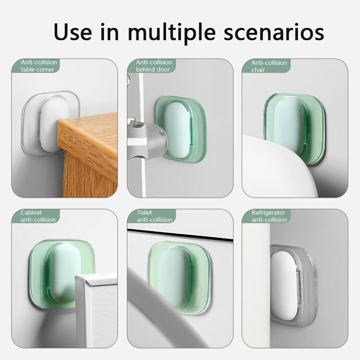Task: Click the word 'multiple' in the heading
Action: pyautogui.click(x=171, y=32)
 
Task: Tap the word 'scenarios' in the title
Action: pyautogui.click(x=274, y=32)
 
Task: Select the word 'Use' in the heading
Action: pyautogui.click(x=72, y=31)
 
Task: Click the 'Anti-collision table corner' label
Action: pyautogui.click(x=39, y=66)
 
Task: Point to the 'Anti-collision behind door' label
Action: pyautogui.click(x=154, y=66)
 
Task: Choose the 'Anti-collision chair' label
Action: pyautogui.click(x=269, y=66)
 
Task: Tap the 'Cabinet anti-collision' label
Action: pyautogui.click(x=38, y=216)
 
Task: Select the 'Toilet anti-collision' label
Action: pyautogui.click(x=154, y=216)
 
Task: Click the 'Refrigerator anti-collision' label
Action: pyautogui.click(x=269, y=216)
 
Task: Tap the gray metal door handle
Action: pyautogui.click(x=147, y=140)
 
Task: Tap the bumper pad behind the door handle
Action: pyautogui.click(x=181, y=130)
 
